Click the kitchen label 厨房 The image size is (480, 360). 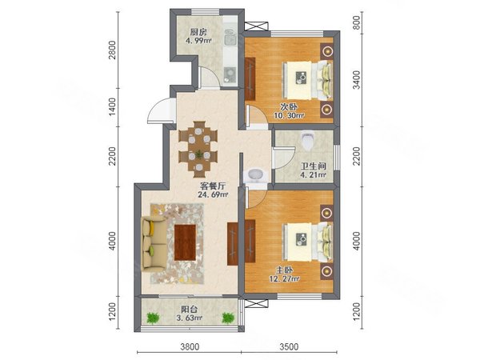[198, 32]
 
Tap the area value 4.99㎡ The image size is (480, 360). [198, 41]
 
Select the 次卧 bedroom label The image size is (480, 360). [289, 107]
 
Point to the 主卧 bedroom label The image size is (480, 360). [285, 270]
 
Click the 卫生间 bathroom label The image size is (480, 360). [313, 166]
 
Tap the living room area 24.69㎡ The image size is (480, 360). [213, 194]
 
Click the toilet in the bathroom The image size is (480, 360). [307, 140]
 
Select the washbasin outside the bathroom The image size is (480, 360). [256, 175]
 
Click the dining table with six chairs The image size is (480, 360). [198, 150]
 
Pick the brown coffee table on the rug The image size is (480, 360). [186, 242]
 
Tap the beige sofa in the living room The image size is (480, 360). [154, 244]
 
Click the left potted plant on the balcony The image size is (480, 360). [153, 318]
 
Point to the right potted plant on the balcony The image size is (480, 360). [228, 318]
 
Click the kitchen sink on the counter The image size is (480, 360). [230, 38]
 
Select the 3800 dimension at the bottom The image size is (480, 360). [190, 347]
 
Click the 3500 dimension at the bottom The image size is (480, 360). [289, 347]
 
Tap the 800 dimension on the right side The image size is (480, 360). [357, 23]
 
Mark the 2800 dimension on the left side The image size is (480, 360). [113, 50]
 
